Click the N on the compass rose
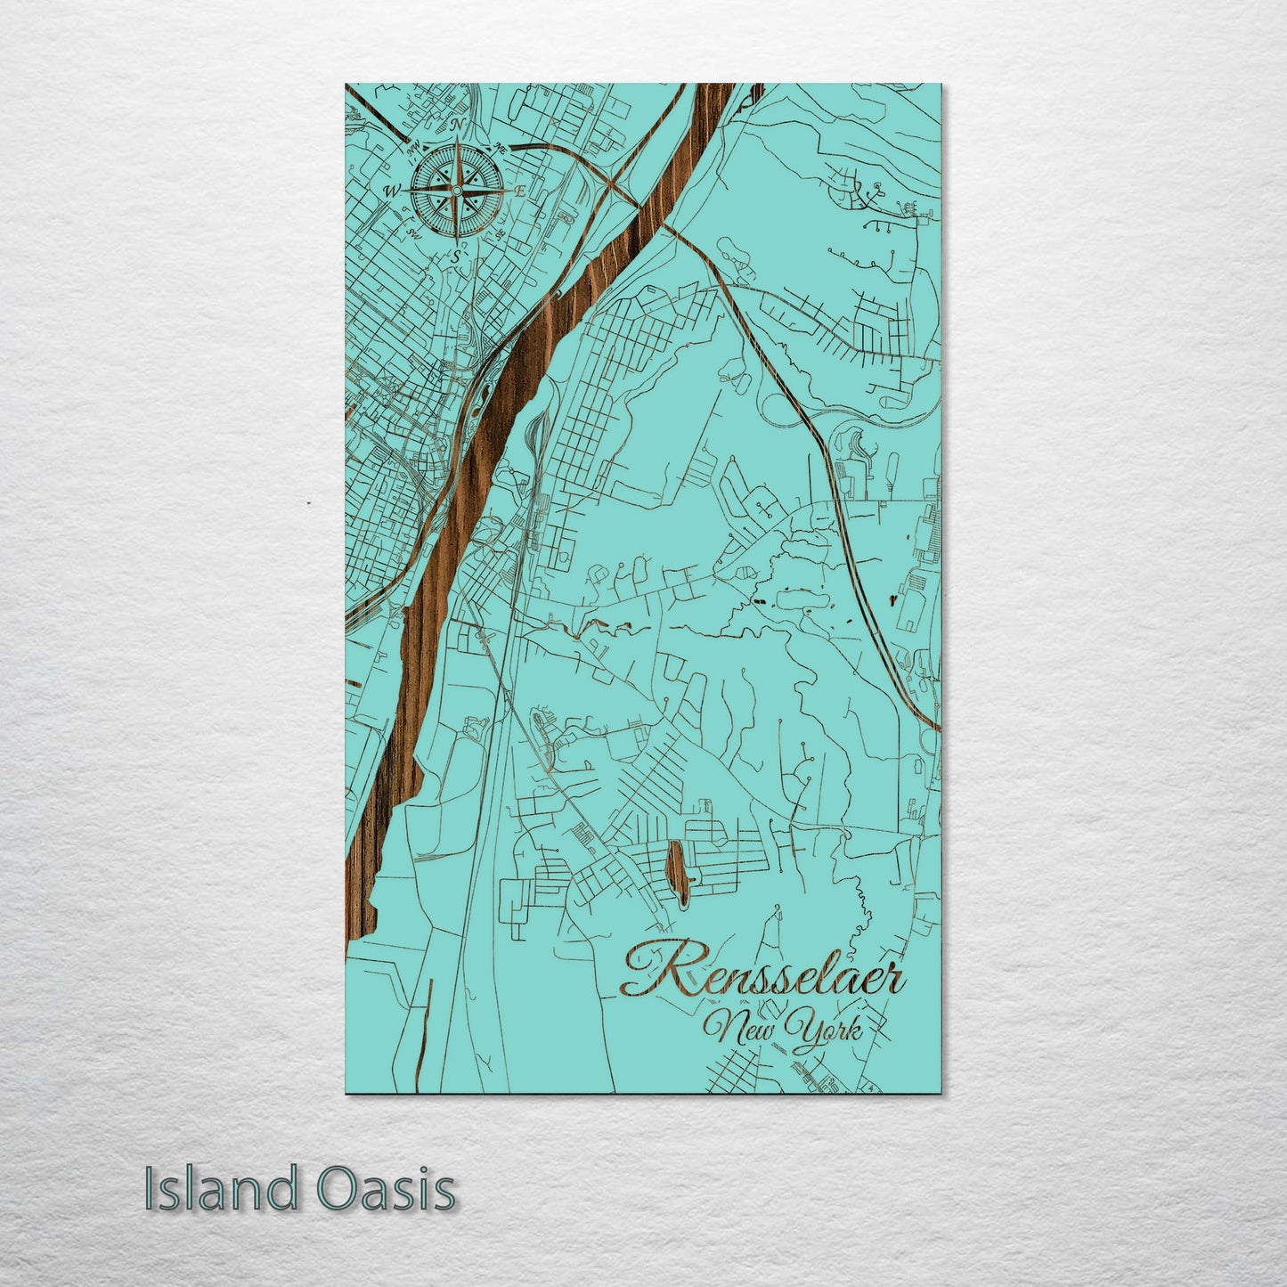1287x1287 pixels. [x=459, y=126]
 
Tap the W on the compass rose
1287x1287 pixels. [x=392, y=191]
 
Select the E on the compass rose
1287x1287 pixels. [x=519, y=191]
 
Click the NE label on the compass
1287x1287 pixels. [x=501, y=148]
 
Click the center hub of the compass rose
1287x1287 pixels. [x=456, y=190]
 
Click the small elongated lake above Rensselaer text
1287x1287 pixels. [x=677, y=868]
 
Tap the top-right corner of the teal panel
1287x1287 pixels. [x=941, y=85]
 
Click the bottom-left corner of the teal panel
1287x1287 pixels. [x=346, y=1093]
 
